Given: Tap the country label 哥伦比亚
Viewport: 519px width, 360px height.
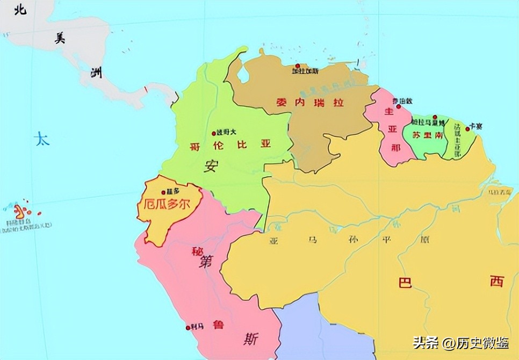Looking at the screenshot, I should click(x=230, y=145).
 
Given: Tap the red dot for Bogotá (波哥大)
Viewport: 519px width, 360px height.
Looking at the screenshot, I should click(x=214, y=133).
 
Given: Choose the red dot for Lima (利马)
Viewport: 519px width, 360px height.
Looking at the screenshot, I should click(x=188, y=327).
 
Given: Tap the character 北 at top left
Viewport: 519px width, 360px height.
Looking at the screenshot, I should click(x=20, y=10).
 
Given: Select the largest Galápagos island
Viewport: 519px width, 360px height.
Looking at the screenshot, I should click(x=19, y=210).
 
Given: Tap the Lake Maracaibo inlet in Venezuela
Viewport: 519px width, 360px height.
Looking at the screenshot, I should click(x=243, y=74).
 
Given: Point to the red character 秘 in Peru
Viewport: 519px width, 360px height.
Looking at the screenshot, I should click(x=195, y=251).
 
